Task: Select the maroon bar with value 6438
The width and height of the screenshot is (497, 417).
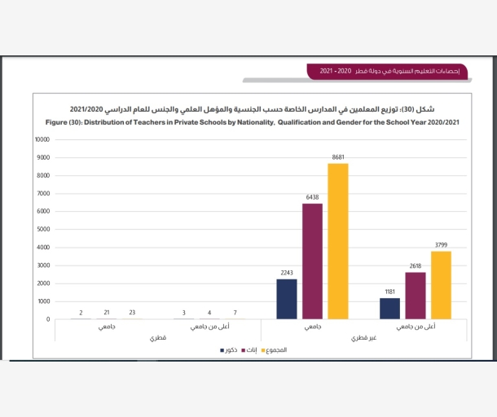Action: (312, 261)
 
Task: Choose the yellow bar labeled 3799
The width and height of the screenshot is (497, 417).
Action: (441, 284)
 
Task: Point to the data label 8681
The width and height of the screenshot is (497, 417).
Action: (338, 156)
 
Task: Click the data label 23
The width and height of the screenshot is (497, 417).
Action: (133, 312)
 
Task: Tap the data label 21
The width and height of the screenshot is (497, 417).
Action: (107, 312)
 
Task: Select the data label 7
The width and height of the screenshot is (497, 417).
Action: (235, 312)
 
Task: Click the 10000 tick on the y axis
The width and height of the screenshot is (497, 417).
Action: (42, 139)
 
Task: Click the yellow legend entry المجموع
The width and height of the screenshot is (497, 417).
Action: (273, 349)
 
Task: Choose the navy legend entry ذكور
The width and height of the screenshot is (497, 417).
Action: (229, 349)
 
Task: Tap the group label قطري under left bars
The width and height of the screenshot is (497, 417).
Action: (158, 337)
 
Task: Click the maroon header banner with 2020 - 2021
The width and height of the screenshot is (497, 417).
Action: (383, 72)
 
